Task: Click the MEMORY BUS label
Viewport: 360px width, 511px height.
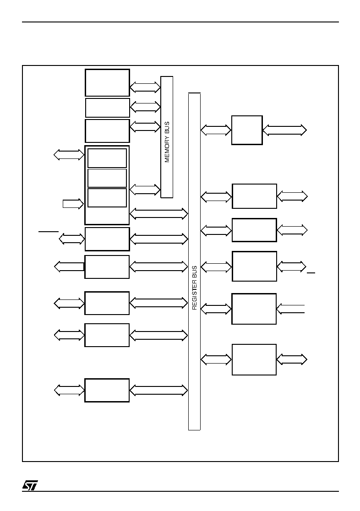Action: [167, 142]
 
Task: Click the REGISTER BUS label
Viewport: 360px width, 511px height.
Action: [194, 288]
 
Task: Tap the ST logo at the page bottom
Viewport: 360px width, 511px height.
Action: [30, 485]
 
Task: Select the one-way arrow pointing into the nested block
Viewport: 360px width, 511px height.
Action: [73, 204]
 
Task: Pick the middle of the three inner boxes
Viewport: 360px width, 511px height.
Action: [107, 178]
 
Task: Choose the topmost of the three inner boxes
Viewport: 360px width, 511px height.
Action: [107, 158]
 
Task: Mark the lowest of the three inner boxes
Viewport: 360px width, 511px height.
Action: [107, 197]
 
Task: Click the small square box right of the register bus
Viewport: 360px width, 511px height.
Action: [247, 130]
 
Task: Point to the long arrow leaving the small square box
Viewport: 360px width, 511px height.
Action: [284, 130]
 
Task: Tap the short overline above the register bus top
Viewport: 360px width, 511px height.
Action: [194, 93]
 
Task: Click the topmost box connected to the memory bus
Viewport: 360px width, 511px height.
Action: [107, 82]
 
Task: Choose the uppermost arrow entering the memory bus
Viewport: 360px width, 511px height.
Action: [145, 87]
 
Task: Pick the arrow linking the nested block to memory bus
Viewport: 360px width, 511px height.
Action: [145, 190]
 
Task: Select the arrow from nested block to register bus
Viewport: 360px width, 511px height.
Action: [159, 214]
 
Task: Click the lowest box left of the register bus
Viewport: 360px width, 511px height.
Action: [107, 390]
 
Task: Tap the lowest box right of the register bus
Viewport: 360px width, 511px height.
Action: [254, 359]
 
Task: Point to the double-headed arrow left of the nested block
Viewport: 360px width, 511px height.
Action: [69, 154]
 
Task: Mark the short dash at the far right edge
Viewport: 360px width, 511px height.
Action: [311, 272]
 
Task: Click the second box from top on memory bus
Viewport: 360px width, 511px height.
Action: [108, 108]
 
